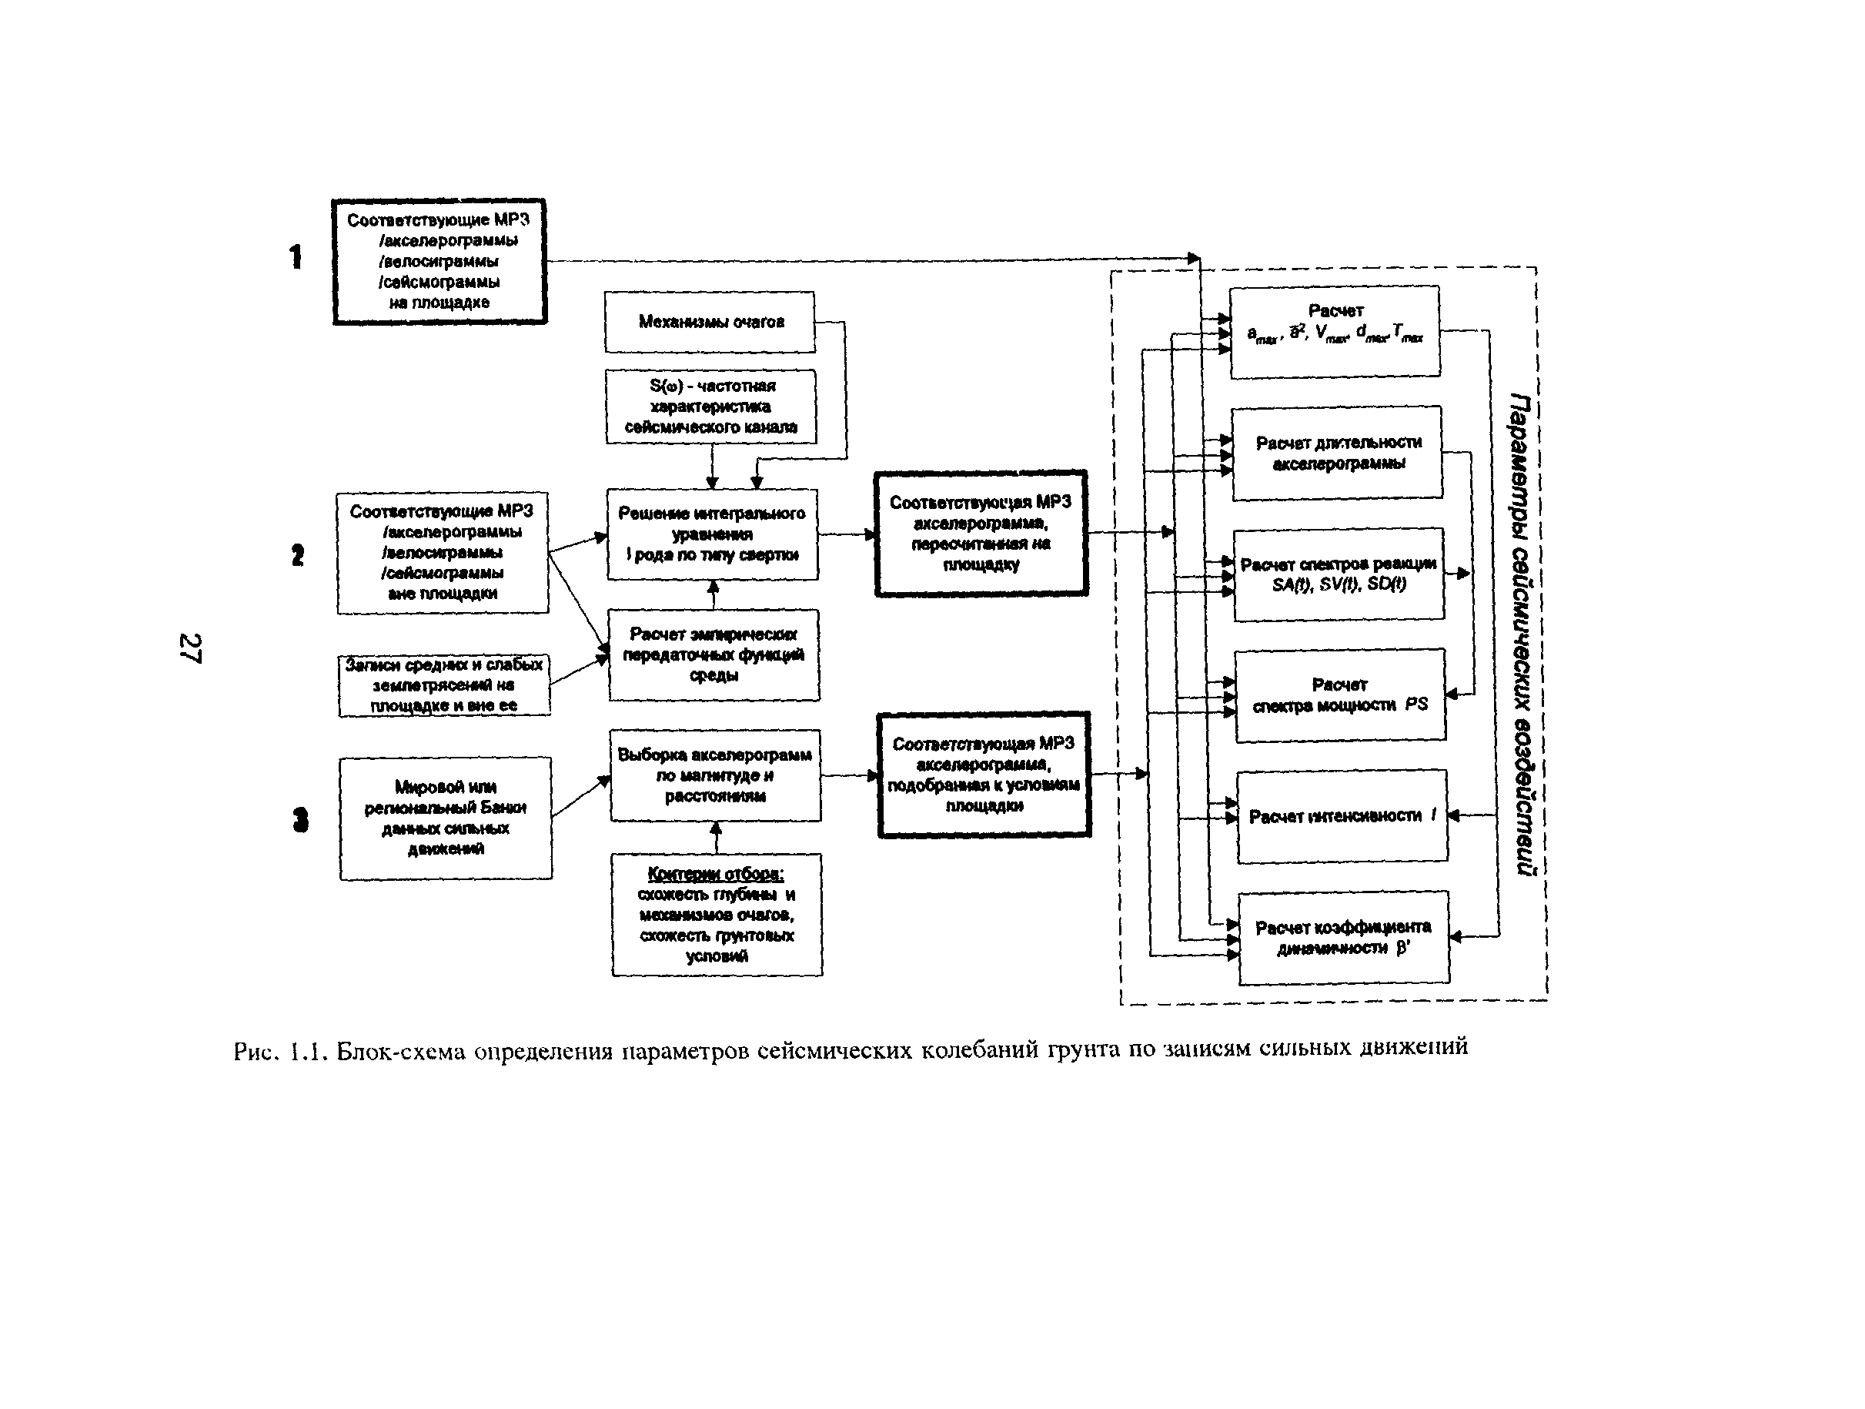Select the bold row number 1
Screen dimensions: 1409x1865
pos(296,257)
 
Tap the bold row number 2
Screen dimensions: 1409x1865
pos(298,555)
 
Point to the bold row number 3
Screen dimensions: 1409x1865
pos(300,819)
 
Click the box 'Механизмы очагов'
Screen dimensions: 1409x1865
pos(710,322)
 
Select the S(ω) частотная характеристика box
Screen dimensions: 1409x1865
pos(710,407)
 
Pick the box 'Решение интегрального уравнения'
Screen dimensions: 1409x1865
pos(713,534)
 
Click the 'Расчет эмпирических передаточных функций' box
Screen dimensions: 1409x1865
pos(714,655)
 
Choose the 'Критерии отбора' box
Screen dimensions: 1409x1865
pos(717,915)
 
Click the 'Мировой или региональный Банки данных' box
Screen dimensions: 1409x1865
pos(445,818)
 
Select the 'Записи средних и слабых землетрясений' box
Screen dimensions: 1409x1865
pos(444,685)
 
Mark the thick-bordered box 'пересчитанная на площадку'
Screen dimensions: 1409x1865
pos(981,534)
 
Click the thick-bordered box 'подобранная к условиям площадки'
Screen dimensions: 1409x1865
pos(984,775)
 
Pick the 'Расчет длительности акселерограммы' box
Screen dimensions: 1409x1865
pos(1337,453)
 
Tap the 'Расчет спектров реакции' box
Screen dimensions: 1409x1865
pos(1339,575)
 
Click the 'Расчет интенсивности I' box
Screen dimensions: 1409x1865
pos(1342,816)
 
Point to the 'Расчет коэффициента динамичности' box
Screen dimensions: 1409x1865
pos(1344,938)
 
